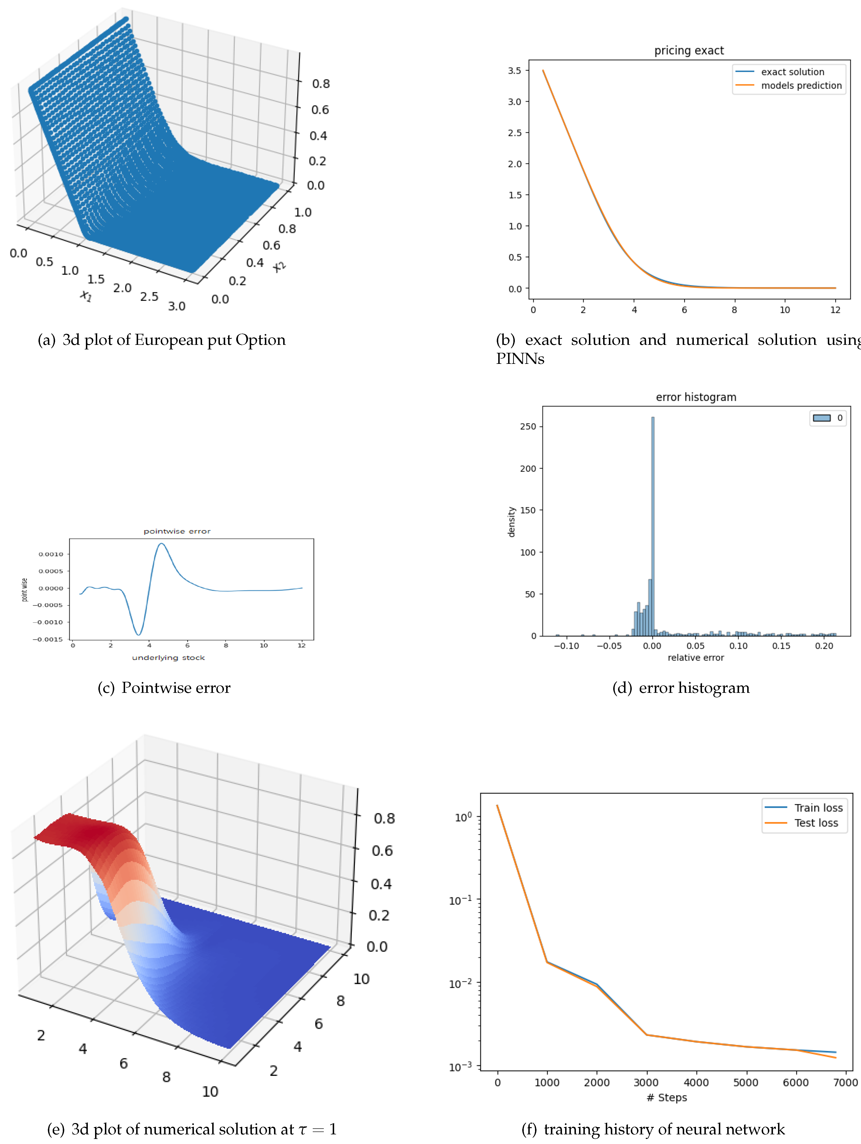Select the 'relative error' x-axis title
[695, 657]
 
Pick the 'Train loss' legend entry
[818, 808]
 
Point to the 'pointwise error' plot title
[177, 531]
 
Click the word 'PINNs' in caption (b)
[520, 358]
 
